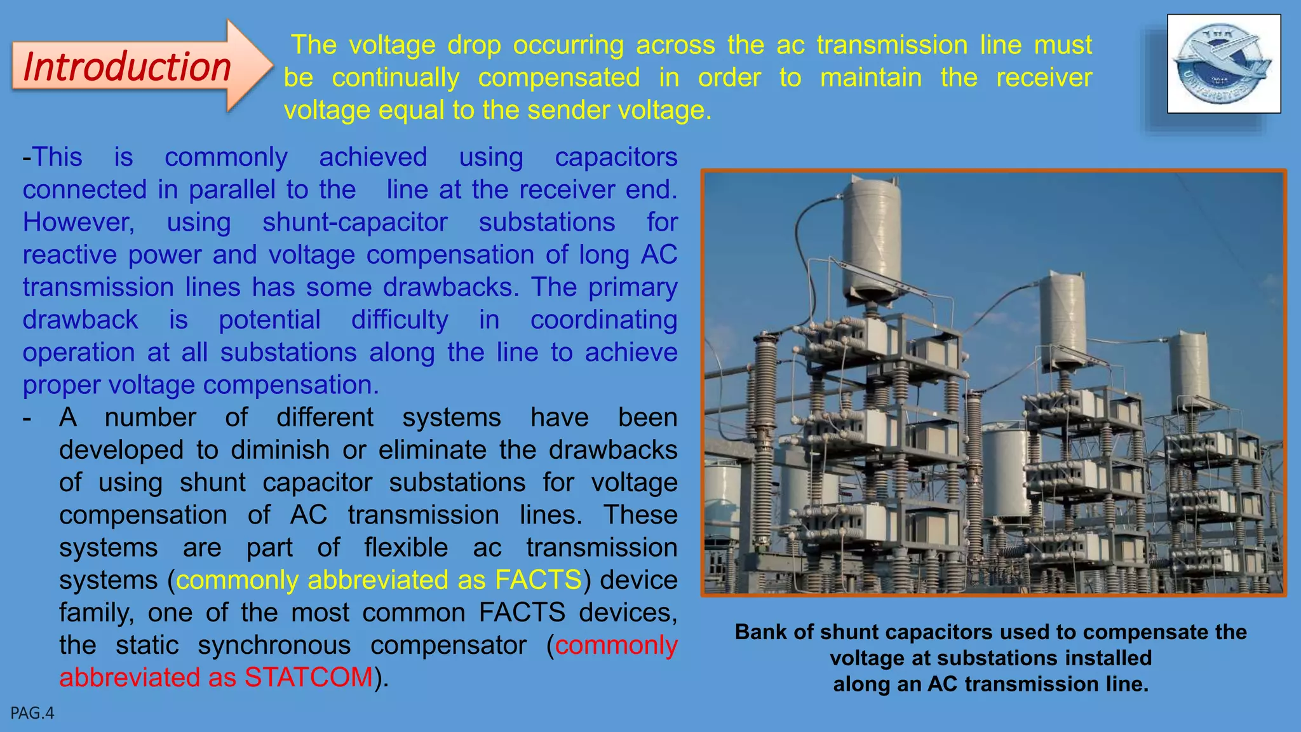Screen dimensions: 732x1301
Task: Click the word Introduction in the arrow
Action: pos(127,67)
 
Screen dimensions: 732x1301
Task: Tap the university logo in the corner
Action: pos(1223,64)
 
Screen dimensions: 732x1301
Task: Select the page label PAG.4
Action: pos(32,713)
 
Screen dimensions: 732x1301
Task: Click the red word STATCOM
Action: pos(309,677)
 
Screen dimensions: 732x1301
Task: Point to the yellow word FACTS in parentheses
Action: pos(538,580)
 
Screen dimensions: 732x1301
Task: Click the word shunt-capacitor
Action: pos(355,222)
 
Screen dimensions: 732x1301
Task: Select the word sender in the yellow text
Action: pos(569,111)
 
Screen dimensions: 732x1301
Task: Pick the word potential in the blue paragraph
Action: pos(269,320)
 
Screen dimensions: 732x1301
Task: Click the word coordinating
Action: pos(603,320)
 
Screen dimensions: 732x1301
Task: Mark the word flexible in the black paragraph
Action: pos(406,548)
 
